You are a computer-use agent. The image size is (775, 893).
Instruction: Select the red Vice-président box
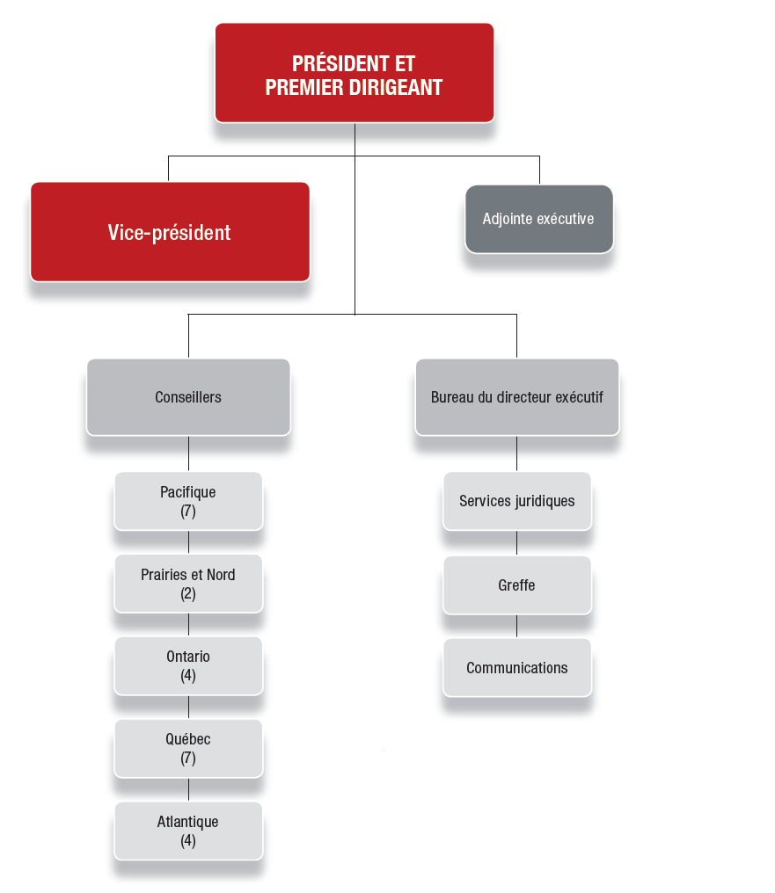(x=170, y=232)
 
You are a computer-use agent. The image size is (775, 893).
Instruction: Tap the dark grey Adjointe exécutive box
(x=538, y=219)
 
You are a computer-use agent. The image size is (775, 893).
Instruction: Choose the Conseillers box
(x=188, y=397)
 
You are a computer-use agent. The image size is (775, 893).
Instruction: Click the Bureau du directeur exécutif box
(x=517, y=397)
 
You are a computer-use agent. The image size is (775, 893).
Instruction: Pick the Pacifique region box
(x=188, y=501)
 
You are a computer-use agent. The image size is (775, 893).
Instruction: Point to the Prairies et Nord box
(x=188, y=584)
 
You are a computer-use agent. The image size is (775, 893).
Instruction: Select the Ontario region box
(x=188, y=665)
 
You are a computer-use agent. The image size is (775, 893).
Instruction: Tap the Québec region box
(x=188, y=748)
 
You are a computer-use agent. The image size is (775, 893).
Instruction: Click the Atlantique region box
(x=188, y=831)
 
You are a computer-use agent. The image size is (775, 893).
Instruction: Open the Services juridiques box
(x=517, y=501)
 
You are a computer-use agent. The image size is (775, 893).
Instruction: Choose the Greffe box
(x=517, y=584)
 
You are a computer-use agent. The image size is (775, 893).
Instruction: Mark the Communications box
(x=517, y=667)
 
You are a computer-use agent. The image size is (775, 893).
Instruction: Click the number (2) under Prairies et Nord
(x=188, y=593)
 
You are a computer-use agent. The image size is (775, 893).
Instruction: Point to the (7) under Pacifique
(x=188, y=511)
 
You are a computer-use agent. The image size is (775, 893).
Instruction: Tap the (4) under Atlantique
(x=188, y=840)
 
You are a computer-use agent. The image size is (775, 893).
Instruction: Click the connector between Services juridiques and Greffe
(x=516, y=543)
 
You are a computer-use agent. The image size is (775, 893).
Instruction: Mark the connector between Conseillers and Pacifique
(x=188, y=454)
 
